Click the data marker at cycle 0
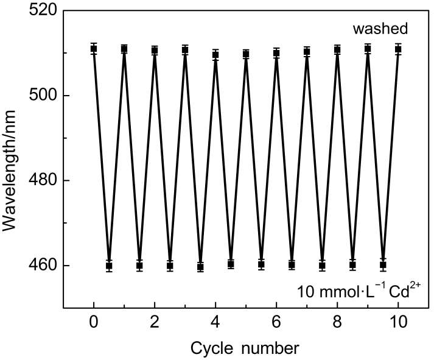(x=94, y=49)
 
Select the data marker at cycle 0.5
(x=109, y=266)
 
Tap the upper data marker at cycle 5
(x=246, y=54)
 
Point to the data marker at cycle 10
(x=398, y=49)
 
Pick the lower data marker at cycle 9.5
(x=383, y=265)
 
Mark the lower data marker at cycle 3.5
(x=200, y=267)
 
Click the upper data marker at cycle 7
(x=307, y=52)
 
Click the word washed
(x=380, y=29)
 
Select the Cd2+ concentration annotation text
(x=359, y=291)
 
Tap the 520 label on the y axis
(x=43, y=10)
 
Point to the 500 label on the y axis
(x=43, y=96)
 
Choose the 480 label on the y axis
(x=43, y=180)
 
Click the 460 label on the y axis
(x=43, y=266)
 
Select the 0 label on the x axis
(x=94, y=322)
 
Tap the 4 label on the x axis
(x=215, y=322)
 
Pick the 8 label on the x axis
(x=337, y=322)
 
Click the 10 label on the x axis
(x=398, y=322)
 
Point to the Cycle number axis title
(x=245, y=348)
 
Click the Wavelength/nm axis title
(x=9, y=171)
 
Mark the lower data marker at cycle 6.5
(x=292, y=265)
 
